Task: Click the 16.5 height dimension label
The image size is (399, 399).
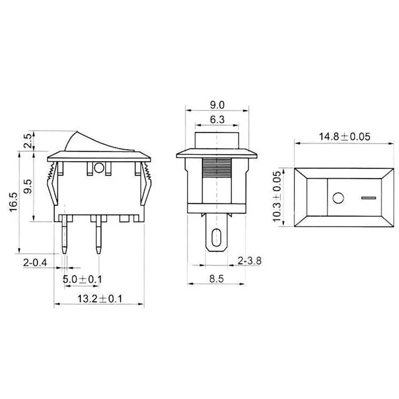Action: tap(13, 202)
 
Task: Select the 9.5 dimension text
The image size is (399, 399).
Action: tap(28, 187)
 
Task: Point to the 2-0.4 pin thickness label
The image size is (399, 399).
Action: tap(35, 262)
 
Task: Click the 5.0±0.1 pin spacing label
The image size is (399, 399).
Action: tap(82, 279)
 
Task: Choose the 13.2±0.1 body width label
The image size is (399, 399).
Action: tap(100, 298)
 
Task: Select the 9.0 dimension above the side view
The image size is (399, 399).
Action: tap(217, 105)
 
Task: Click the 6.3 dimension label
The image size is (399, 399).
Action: tap(217, 120)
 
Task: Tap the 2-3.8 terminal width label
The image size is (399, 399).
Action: tap(249, 261)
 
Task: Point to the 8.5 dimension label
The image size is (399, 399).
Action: tap(216, 279)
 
